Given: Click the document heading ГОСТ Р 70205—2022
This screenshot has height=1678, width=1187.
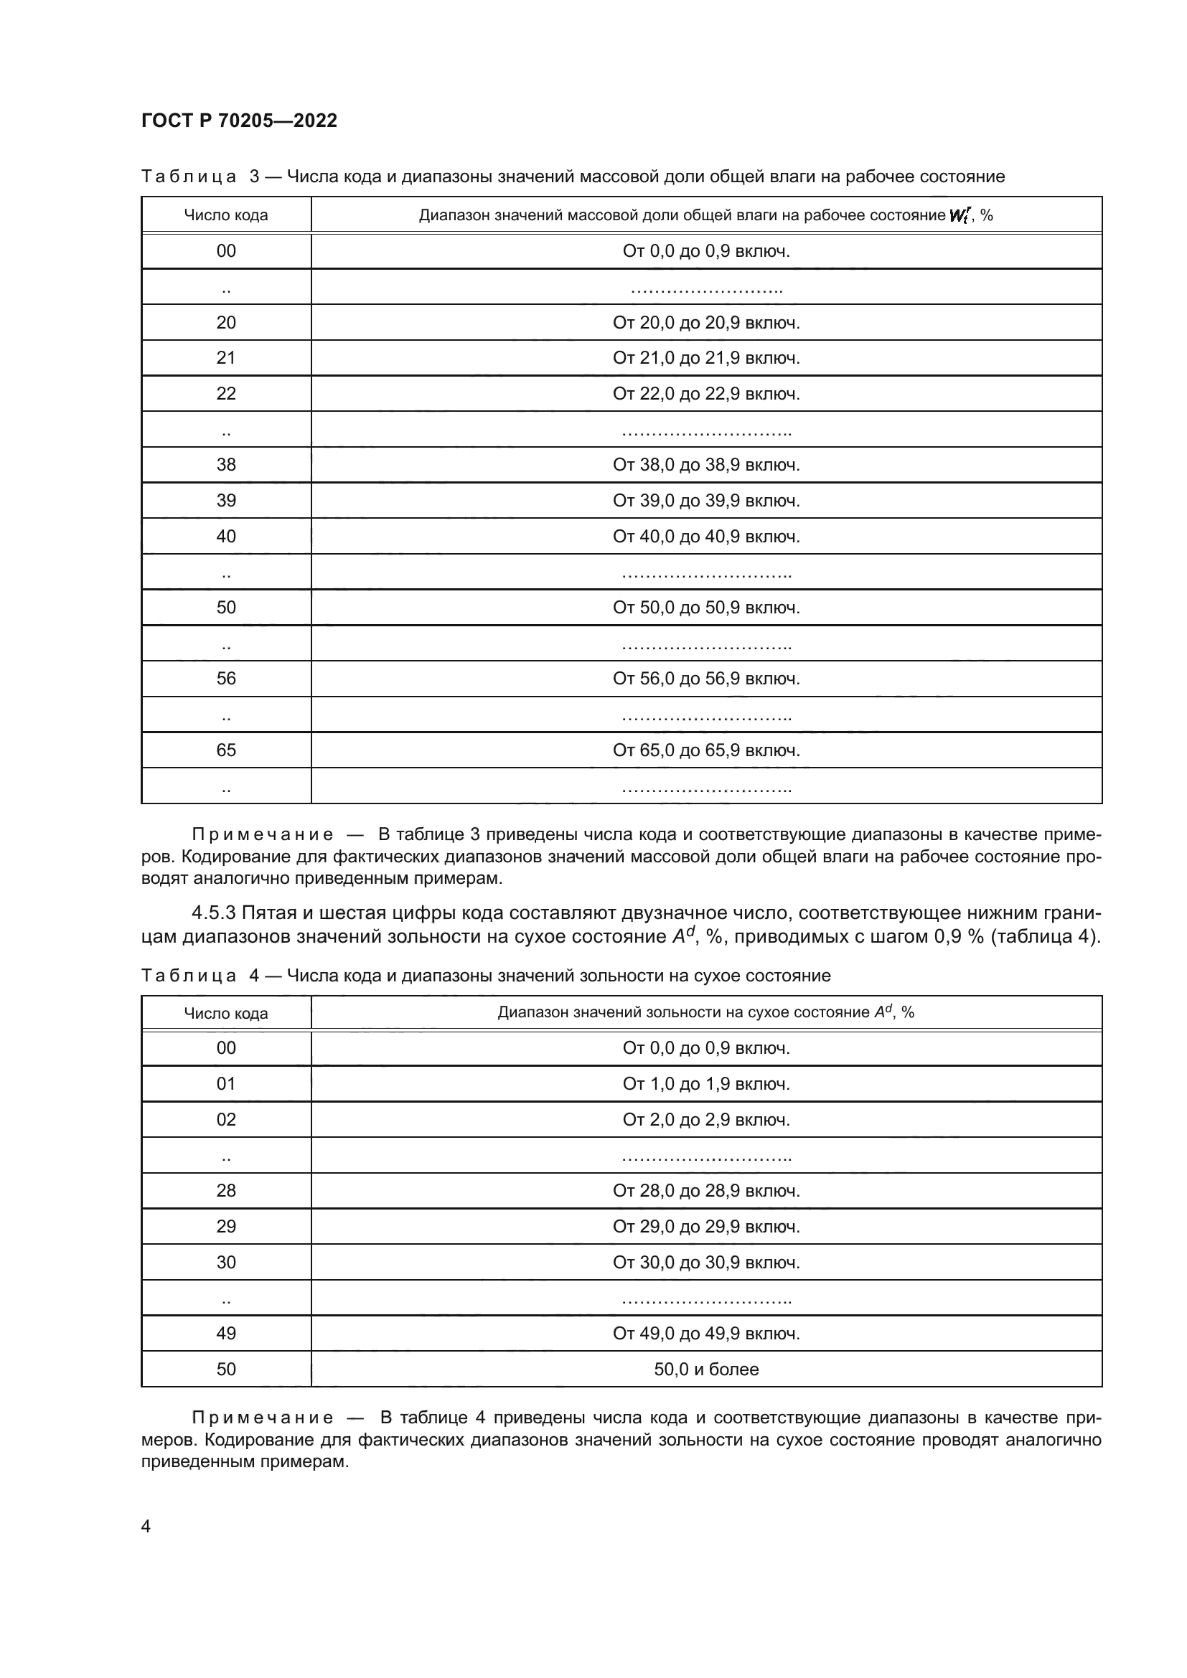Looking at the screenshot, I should tap(239, 121).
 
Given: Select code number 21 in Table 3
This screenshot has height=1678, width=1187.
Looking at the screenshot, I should tap(226, 358).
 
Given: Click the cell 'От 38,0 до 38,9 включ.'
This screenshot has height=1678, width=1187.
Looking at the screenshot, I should tap(706, 465).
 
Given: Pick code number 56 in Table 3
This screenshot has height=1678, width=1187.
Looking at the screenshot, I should tap(226, 678).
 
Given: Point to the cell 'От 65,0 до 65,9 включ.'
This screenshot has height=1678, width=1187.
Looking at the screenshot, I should tap(706, 750).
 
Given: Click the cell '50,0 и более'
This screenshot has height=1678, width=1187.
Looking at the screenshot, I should tap(706, 1369).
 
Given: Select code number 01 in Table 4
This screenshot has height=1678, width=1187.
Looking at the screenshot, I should tap(226, 1084).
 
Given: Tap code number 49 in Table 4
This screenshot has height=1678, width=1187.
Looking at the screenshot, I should tap(226, 1333).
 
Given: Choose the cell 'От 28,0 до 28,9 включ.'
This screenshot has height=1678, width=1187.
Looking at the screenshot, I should tap(706, 1191).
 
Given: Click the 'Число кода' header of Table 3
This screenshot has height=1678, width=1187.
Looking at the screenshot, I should tap(226, 215).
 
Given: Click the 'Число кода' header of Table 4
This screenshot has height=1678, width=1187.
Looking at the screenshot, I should tap(226, 1013).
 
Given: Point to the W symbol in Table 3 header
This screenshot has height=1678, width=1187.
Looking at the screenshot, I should tap(957, 216).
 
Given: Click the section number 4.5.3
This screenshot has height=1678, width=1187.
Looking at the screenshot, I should tap(213, 913).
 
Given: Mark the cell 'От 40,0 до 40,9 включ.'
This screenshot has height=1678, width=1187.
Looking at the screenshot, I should tap(706, 537).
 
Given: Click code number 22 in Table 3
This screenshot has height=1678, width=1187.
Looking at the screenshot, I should tap(226, 394).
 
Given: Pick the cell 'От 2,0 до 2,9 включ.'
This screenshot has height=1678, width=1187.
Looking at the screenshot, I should tap(706, 1120).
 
